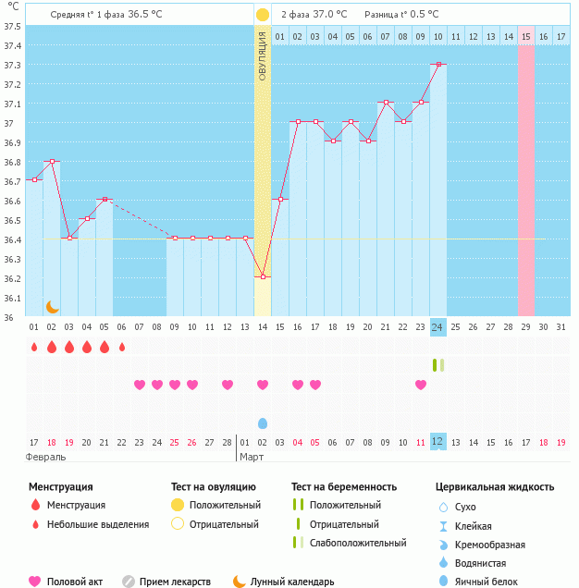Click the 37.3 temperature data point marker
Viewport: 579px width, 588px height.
tap(438, 65)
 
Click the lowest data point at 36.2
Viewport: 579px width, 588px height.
tap(263, 276)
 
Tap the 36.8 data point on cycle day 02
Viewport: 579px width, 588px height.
tap(52, 161)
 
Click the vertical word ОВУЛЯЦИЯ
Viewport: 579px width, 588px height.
tap(263, 55)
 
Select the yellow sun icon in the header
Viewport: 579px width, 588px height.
tap(263, 15)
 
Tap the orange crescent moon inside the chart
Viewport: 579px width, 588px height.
tap(53, 306)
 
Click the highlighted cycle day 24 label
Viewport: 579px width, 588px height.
tap(438, 326)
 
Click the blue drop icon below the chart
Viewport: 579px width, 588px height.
tap(263, 423)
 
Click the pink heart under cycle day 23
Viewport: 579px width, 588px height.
tap(421, 385)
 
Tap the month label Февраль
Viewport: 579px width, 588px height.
tap(46, 457)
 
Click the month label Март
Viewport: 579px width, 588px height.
tap(252, 457)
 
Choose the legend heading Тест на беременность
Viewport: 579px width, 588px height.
tap(344, 486)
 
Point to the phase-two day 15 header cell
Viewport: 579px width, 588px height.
tap(525, 36)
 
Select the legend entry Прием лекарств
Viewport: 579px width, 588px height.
tap(175, 582)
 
